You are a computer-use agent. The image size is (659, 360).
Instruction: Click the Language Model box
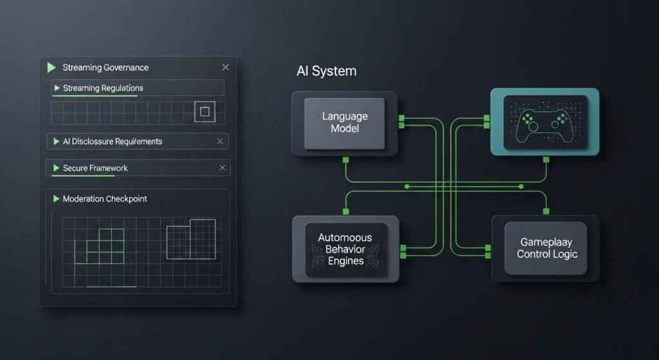coord(344,123)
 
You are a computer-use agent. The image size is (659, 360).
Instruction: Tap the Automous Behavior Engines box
coord(346,249)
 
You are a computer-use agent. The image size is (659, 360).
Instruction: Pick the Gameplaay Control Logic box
coord(546,248)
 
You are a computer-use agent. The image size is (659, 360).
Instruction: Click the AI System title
coord(326,71)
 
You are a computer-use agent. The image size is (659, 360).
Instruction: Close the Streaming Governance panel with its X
coord(225,67)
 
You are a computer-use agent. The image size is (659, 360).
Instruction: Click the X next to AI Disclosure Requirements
coord(220,141)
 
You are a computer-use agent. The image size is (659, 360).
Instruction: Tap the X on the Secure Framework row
coord(223,168)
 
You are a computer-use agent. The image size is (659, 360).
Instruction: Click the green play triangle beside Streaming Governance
coord(51,67)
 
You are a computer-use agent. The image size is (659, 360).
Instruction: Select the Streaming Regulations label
coord(103,88)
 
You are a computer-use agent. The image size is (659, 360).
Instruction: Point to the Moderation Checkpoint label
coord(105,199)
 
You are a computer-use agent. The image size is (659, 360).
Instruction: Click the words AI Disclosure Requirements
coord(113,141)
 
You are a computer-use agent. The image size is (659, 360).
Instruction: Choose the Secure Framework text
coord(95,168)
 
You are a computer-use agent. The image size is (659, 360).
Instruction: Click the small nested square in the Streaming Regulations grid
coord(205,112)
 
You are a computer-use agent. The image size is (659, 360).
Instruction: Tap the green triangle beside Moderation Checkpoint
coord(56,199)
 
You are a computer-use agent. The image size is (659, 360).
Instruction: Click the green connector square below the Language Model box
coord(346,159)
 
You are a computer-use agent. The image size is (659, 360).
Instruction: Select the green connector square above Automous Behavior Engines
coord(346,211)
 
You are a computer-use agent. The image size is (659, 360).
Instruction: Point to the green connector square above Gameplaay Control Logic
coord(546,211)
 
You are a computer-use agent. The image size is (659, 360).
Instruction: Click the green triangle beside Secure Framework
coord(56,168)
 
